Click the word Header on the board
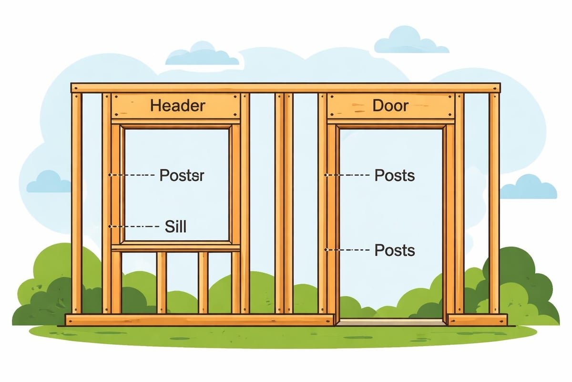pyautogui.click(x=177, y=105)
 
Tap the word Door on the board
pyautogui.click(x=390, y=105)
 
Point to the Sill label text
pyautogui.click(x=175, y=226)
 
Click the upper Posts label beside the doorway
pyautogui.click(x=394, y=175)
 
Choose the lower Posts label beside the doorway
pyautogui.click(x=394, y=250)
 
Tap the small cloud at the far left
pyautogui.click(x=48, y=182)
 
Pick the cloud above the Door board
pyautogui.click(x=410, y=41)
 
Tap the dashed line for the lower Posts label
pyautogui.click(x=348, y=250)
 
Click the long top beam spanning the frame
pyautogui.click(x=286, y=88)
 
